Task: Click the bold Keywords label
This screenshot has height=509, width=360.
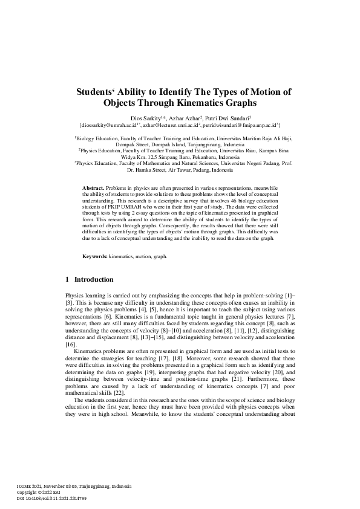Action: coord(94,257)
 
